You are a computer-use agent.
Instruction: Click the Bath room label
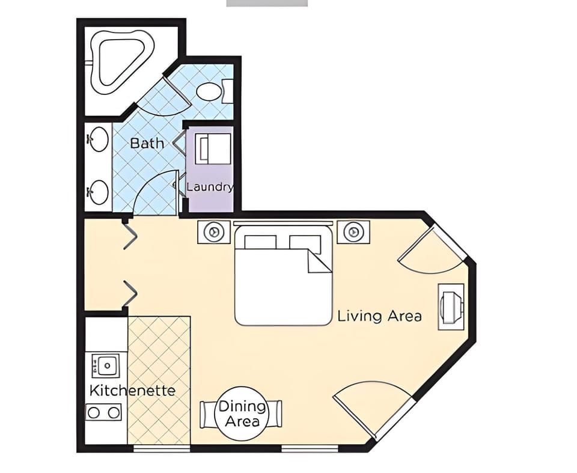point(147,143)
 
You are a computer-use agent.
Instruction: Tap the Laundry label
point(209,187)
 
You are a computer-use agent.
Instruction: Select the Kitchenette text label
point(132,391)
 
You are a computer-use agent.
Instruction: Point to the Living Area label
point(379,316)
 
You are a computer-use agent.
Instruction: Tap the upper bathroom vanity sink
point(98,139)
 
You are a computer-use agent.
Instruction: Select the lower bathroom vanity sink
point(98,192)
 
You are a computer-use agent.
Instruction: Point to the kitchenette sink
point(105,365)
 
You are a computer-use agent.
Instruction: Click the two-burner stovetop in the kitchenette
point(105,412)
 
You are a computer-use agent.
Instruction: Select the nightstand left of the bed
point(213,232)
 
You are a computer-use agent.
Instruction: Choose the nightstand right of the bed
point(353,231)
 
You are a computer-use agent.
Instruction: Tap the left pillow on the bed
point(260,242)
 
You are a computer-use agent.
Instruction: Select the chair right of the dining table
point(277,413)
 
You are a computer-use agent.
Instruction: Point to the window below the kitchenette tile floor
point(161,448)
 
